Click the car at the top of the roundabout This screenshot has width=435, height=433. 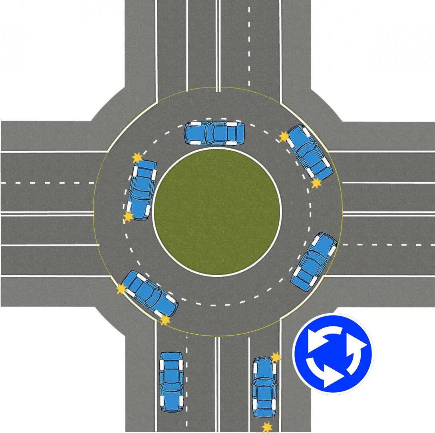tap(214, 133)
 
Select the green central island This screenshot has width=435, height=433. tap(217, 212)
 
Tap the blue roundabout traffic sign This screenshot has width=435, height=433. tap(333, 354)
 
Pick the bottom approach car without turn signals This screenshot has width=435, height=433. tap(171, 381)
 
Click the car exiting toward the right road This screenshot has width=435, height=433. tap(314, 262)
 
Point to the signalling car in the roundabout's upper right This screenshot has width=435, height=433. tap(309, 152)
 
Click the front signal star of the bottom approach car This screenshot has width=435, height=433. tap(276, 357)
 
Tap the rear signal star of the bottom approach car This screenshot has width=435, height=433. tap(266, 427)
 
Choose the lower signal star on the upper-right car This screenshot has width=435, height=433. tap(316, 183)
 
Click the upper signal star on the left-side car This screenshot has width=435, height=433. tap(137, 157)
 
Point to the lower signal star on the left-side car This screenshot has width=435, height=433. tap(128, 217)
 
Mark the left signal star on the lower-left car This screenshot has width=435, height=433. tap(121, 289)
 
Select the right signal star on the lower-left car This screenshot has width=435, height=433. tap(165, 320)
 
